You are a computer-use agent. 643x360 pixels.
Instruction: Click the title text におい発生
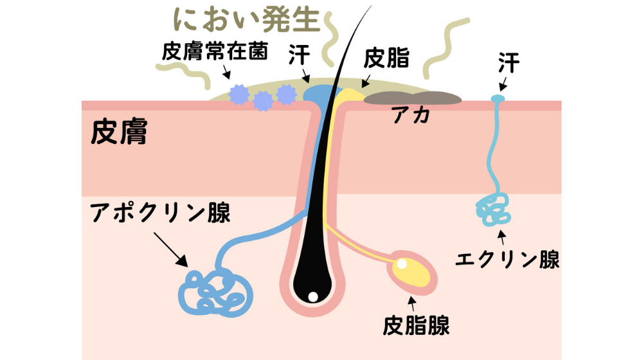(x=247, y=20)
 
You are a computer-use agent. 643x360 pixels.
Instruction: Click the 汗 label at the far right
(x=508, y=62)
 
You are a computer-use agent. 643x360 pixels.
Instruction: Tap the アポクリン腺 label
(x=160, y=213)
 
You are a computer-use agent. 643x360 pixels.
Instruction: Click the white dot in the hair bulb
(x=312, y=297)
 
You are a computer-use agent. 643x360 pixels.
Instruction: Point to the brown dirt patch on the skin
(x=413, y=98)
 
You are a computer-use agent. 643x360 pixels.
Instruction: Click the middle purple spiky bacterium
(x=262, y=100)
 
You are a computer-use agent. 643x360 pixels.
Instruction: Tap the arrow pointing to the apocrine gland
(x=172, y=252)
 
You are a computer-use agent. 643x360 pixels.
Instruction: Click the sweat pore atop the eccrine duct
(x=497, y=98)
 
